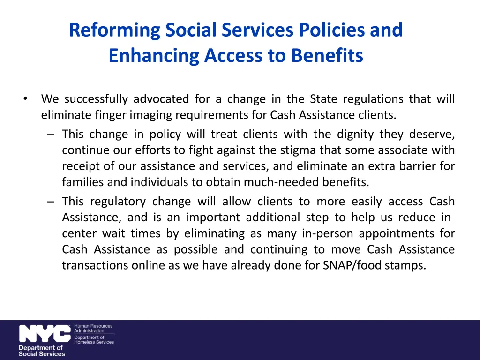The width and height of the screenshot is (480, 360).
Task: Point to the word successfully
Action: (x=96, y=99)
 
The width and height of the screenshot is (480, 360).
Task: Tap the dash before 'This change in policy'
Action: (x=51, y=135)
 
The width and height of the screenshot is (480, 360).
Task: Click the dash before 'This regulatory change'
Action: (x=51, y=202)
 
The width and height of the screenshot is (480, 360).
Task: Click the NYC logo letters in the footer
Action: (x=45, y=334)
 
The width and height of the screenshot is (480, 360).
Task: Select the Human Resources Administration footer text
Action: (x=93, y=328)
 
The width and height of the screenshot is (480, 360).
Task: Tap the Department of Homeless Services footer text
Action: (x=94, y=339)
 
